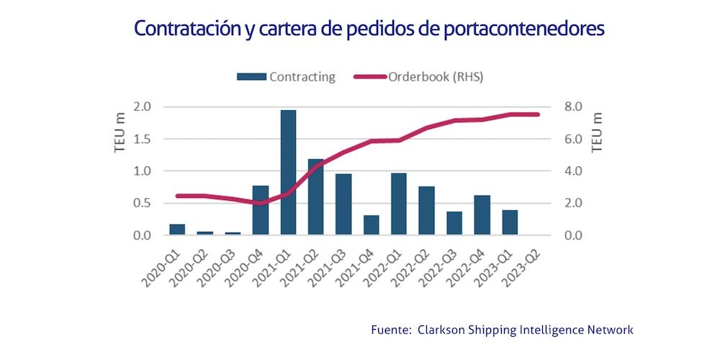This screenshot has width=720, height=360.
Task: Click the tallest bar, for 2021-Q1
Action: [x=288, y=173]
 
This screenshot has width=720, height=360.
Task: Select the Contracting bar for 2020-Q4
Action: [x=261, y=210]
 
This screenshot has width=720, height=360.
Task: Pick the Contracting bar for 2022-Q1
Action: [x=399, y=204]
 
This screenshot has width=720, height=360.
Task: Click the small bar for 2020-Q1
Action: [x=177, y=230]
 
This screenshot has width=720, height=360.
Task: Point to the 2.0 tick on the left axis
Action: [x=142, y=107]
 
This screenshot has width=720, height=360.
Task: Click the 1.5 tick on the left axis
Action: [x=142, y=139]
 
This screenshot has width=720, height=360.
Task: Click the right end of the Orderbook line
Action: [x=537, y=114]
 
